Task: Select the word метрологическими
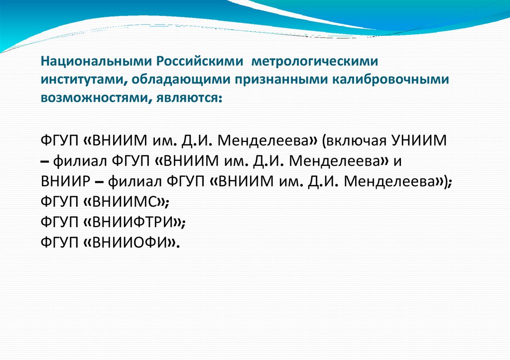pos(314,62)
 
